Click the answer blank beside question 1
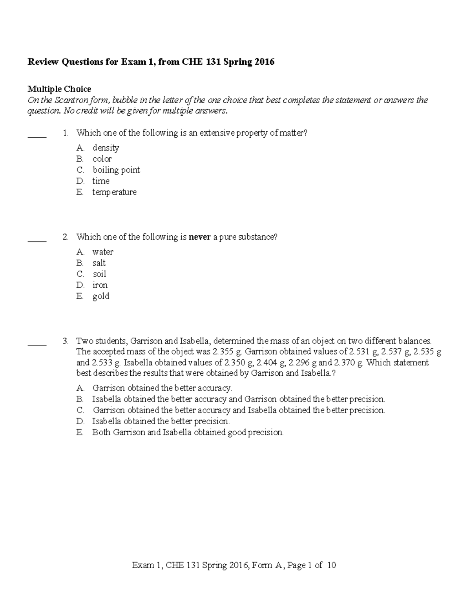[x=37, y=137]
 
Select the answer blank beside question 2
[x=37, y=241]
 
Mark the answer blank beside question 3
[x=37, y=345]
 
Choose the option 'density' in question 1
[x=106, y=148]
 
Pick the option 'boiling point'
[x=116, y=170]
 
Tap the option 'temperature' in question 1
[x=114, y=192]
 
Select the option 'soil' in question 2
[x=99, y=274]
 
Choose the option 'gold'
[x=101, y=296]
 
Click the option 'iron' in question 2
[x=100, y=285]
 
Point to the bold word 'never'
[x=200, y=237]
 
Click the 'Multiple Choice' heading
[x=59, y=89]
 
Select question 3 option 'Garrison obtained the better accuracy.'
[x=162, y=388]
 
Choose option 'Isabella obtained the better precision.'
[x=161, y=422]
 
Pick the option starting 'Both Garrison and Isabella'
[x=188, y=433]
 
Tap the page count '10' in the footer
[x=331, y=565]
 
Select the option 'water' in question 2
[x=103, y=252]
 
